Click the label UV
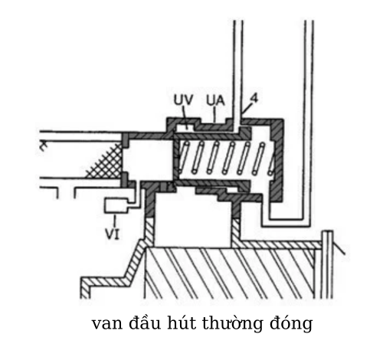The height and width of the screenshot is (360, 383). (x=183, y=100)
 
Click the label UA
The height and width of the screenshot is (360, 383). (x=215, y=101)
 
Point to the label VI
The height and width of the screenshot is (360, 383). (x=113, y=234)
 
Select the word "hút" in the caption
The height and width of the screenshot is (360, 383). (x=182, y=322)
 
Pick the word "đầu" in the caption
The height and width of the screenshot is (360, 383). (x=145, y=322)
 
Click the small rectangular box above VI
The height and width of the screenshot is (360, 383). (x=116, y=205)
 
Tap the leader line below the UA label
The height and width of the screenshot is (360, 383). (x=214, y=114)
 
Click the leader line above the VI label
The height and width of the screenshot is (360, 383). (x=115, y=220)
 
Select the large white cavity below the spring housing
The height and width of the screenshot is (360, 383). (x=193, y=220)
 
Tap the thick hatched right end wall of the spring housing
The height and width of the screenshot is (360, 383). (x=277, y=160)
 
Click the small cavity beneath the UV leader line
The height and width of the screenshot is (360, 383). (x=185, y=127)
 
